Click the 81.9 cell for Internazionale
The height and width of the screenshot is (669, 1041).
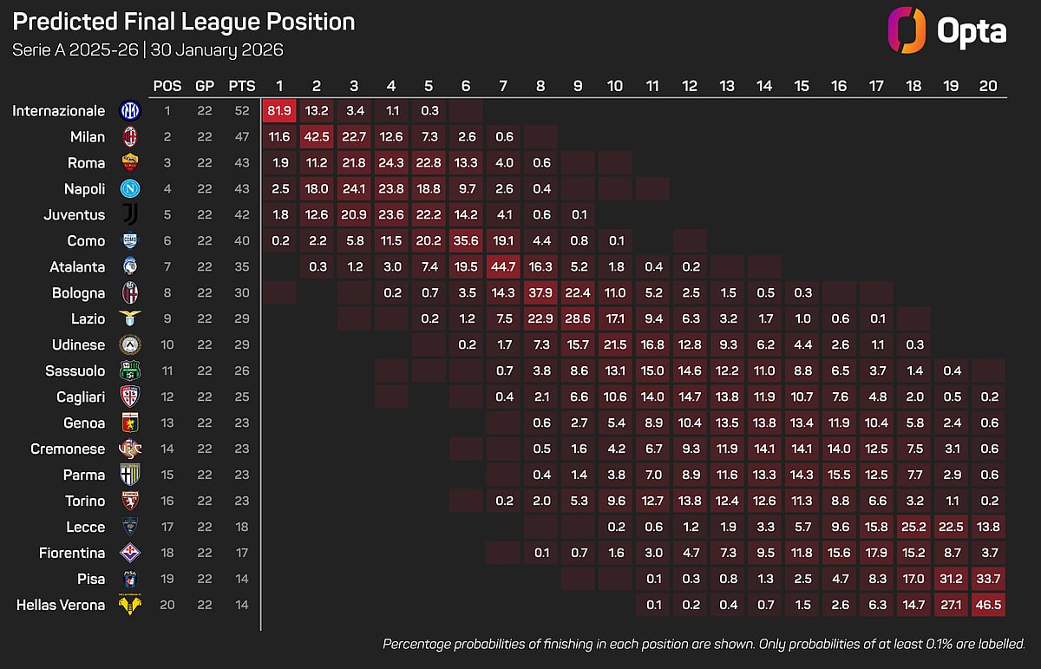click(x=279, y=110)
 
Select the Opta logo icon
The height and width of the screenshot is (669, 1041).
click(x=906, y=31)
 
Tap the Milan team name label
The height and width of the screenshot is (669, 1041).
click(x=88, y=136)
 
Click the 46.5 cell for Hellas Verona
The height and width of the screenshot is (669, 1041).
click(x=988, y=605)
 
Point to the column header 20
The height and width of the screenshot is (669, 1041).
click(x=988, y=86)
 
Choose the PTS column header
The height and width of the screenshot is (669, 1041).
click(x=241, y=86)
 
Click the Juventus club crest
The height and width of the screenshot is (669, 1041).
click(x=129, y=214)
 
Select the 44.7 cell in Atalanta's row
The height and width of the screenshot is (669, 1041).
click(x=503, y=266)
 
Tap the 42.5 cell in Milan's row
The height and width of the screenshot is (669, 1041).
click(x=317, y=136)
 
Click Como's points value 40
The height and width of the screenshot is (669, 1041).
click(x=241, y=240)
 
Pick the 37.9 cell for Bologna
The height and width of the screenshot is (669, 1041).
click(x=540, y=292)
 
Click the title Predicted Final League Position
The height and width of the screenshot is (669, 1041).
click(x=184, y=22)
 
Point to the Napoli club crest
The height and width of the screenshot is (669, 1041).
click(x=129, y=188)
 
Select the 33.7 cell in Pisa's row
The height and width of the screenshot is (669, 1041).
click(x=988, y=579)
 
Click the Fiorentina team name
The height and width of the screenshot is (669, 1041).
click(x=72, y=553)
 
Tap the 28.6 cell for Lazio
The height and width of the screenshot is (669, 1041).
click(x=578, y=318)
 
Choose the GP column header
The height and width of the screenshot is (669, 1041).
click(x=205, y=86)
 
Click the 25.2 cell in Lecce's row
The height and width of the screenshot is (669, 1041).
click(x=913, y=527)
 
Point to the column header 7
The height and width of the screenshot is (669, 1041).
click(x=503, y=86)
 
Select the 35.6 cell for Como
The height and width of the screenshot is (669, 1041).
click(x=466, y=240)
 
